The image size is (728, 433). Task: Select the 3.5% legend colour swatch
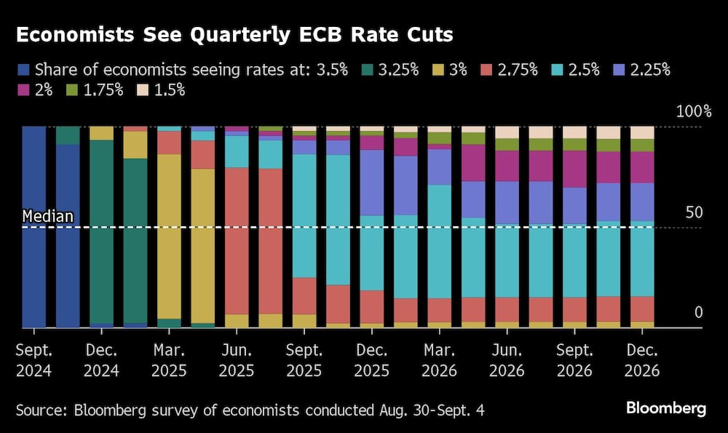[23, 70]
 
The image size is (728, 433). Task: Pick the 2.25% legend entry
[641, 70]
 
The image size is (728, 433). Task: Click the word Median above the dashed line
[47, 216]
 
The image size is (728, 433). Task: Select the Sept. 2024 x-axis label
[33, 359]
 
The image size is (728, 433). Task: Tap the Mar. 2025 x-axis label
[169, 359]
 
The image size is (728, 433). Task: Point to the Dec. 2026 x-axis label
[641, 359]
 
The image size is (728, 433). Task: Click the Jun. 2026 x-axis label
[507, 359]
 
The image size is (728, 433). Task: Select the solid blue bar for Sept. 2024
[34, 226]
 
